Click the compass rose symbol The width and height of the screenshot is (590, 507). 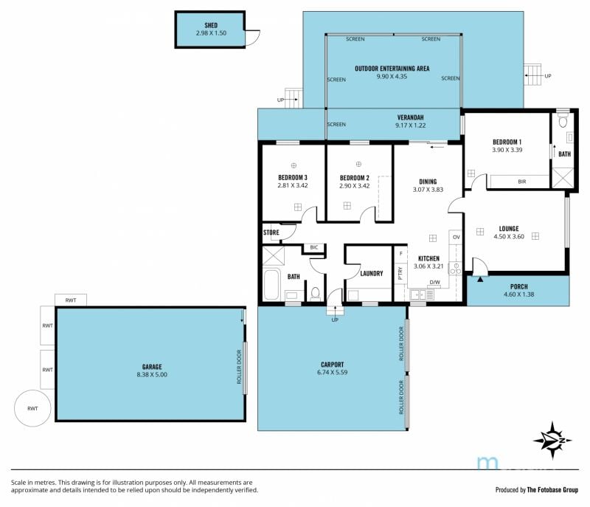[x=552, y=441]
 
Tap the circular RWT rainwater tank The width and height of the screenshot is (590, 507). [x=32, y=408]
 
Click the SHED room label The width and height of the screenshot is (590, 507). [x=211, y=25]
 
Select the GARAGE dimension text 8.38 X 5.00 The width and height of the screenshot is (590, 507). [x=152, y=374]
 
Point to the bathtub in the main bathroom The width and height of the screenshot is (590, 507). [x=271, y=284]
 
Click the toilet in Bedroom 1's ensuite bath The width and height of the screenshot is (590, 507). [x=563, y=121]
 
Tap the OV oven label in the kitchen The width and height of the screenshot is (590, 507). [x=456, y=237]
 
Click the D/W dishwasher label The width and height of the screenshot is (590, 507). [x=434, y=283]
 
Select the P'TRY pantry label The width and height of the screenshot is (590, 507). [x=400, y=273]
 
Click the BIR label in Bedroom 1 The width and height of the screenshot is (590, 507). [x=522, y=182]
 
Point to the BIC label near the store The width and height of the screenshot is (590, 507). [x=314, y=247]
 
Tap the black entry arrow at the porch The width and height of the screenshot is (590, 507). [x=480, y=279]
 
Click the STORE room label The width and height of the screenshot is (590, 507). [x=271, y=232]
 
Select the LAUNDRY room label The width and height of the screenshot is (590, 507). [x=372, y=273]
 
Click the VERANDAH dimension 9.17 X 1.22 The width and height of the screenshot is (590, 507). [x=410, y=125]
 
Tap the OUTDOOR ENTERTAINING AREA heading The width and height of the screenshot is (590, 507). [x=392, y=69]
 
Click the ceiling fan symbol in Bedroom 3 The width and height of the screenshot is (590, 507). [x=294, y=165]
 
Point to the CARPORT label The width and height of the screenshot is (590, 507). [x=333, y=365]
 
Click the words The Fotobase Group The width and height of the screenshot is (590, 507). [x=552, y=490]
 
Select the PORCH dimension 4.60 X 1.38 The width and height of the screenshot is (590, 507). [x=519, y=294]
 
